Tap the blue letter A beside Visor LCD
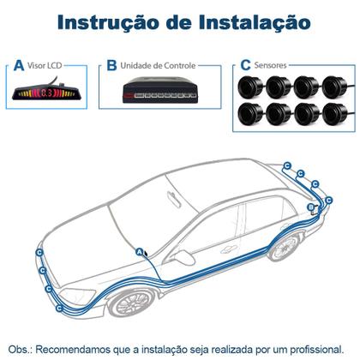[19, 65]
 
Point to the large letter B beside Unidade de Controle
[111, 65]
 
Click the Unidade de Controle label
[157, 65]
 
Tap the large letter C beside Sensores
[246, 65]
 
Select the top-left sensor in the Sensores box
[252, 87]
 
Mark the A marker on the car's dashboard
[140, 251]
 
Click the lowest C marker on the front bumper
[57, 308]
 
